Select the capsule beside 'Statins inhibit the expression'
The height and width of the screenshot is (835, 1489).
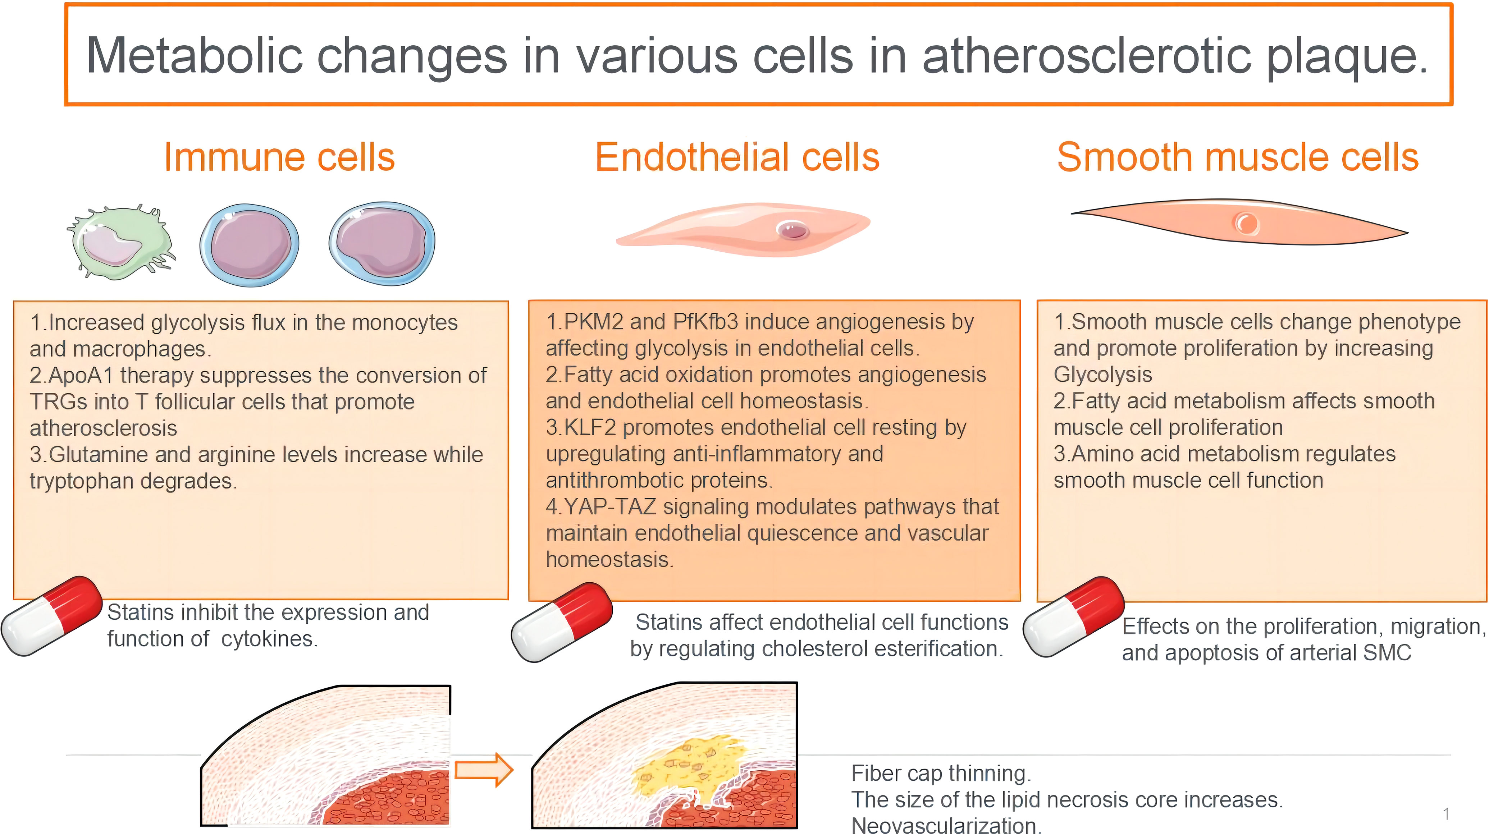(52, 616)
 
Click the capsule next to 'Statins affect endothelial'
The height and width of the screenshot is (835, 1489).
(562, 622)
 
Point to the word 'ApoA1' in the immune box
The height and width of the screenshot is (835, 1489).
(81, 376)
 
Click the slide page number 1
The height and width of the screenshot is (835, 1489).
(1446, 814)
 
